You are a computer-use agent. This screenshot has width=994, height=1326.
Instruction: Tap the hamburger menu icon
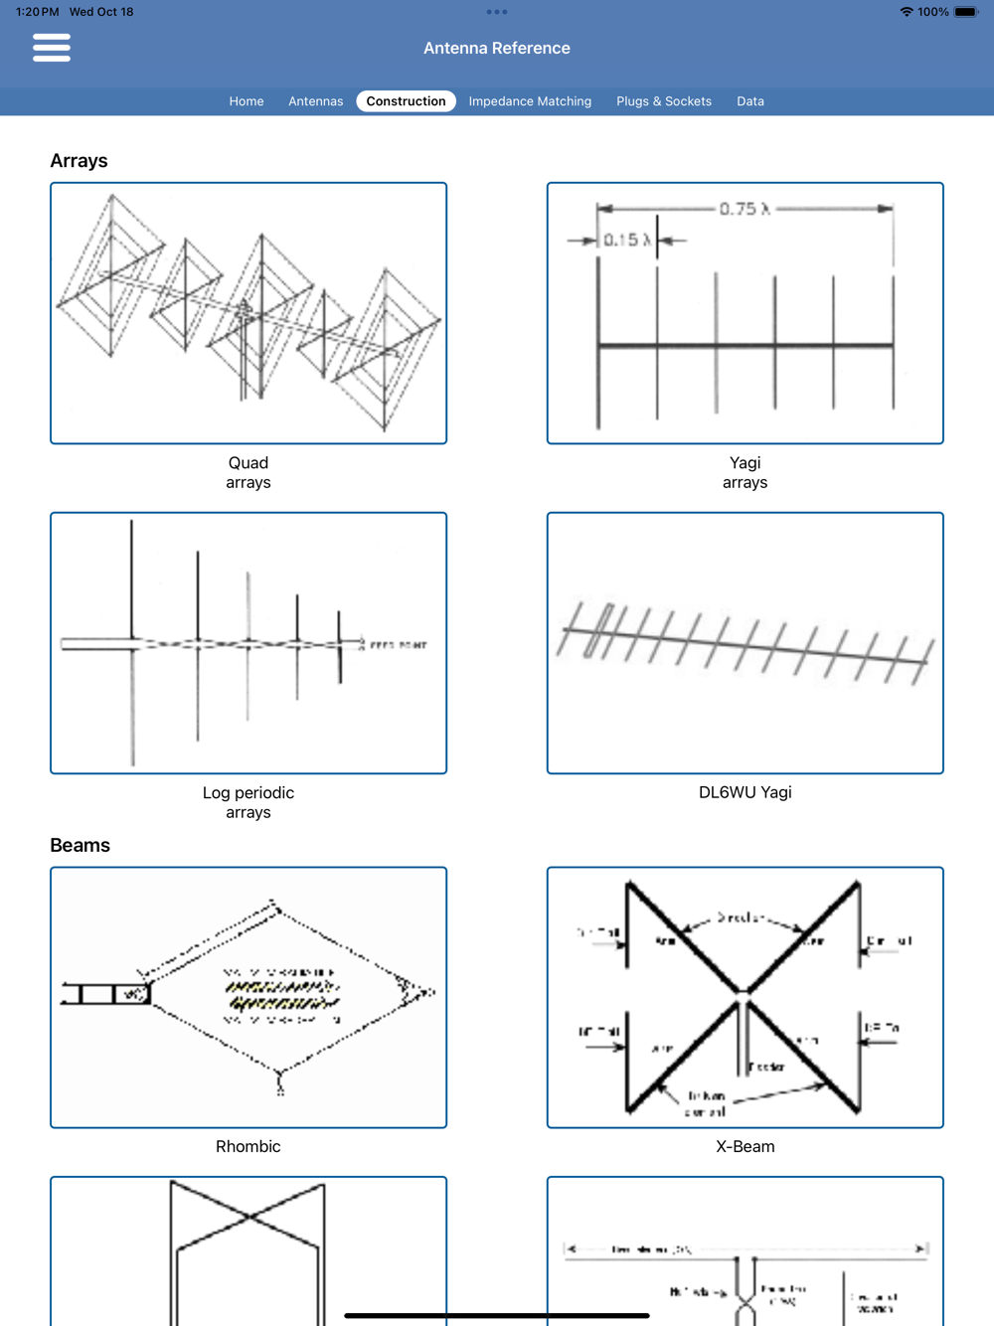coord(52,48)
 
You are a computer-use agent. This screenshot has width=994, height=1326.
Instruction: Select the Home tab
coord(247,101)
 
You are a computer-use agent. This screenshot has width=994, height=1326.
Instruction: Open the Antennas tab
coord(315,101)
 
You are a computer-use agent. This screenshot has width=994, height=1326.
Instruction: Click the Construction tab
coord(406,101)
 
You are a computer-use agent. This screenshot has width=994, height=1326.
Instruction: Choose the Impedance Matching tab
coord(530,101)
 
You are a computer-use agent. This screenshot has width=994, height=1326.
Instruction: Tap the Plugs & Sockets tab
coord(664,101)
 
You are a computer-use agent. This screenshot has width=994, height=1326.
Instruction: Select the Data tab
coord(750,101)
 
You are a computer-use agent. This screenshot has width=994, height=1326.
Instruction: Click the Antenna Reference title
coord(497,48)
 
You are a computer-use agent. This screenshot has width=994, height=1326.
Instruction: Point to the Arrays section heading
coord(80,161)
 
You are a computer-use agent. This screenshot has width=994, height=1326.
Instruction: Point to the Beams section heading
coord(81,845)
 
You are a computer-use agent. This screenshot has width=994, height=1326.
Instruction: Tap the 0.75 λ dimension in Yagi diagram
coord(745,209)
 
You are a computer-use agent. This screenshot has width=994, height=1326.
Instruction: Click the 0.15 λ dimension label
coord(627,240)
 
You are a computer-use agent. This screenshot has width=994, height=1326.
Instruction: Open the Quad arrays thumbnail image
coord(248,313)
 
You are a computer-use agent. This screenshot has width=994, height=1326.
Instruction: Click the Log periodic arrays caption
coord(248,802)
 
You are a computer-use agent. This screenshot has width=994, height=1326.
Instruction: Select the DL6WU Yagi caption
coord(745,792)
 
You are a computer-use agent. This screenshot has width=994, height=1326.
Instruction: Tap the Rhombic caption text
coord(248,1146)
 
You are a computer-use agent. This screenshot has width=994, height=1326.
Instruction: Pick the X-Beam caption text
coord(745,1146)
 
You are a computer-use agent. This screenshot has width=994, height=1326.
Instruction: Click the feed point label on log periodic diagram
coord(398,645)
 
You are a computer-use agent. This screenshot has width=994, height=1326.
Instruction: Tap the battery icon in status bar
coord(966,12)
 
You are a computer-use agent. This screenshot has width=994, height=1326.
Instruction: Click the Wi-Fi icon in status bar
coord(907,12)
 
